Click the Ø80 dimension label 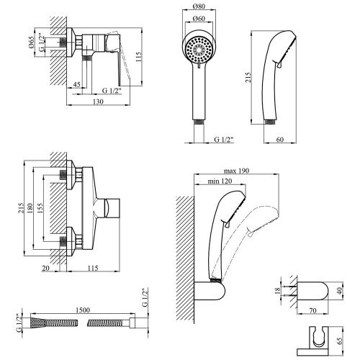pyautogui.click(x=199, y=6)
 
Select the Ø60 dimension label pyautogui.click(x=199, y=18)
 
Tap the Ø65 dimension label pyautogui.click(x=31, y=42)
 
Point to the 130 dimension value pyautogui.click(x=98, y=102)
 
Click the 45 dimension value pyautogui.click(x=76, y=85)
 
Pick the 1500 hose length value pyautogui.click(x=83, y=310)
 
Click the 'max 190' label pyautogui.click(x=236, y=171)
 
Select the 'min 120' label pyautogui.click(x=220, y=181)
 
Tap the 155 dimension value pyautogui.click(x=40, y=208)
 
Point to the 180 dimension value pyautogui.click(x=30, y=208)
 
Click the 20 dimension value pyautogui.click(x=45, y=268)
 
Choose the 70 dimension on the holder pyautogui.click(x=312, y=310)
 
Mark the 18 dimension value pyautogui.click(x=277, y=291)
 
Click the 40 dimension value pyautogui.click(x=339, y=291)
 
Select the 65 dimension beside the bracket pyautogui.click(x=339, y=341)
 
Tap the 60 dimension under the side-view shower pyautogui.click(x=280, y=140)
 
